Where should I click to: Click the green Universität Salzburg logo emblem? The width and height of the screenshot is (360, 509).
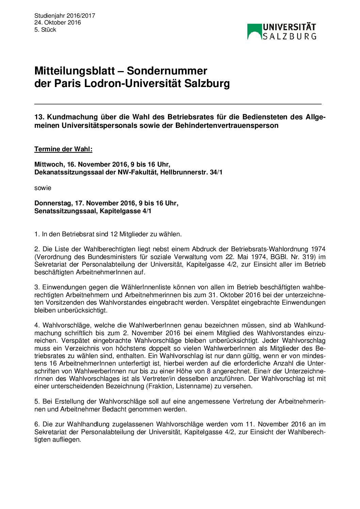[x=254, y=32]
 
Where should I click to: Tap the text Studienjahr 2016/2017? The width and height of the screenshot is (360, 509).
[x=65, y=16]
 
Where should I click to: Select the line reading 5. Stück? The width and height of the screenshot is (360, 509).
[x=45, y=30]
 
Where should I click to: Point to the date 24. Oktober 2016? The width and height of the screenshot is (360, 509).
[x=58, y=22]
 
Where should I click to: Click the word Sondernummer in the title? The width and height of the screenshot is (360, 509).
[x=167, y=71]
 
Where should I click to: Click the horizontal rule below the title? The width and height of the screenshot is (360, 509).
[x=178, y=104]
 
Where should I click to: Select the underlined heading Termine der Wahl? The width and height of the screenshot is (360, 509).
[x=63, y=149]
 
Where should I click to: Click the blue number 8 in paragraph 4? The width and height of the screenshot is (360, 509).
[x=209, y=371]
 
